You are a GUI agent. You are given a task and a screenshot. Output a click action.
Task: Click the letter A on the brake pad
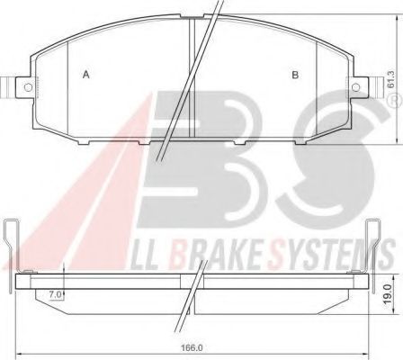pyautogui.click(x=85, y=75)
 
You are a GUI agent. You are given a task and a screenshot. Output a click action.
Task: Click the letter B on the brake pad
pyautogui.click(x=294, y=75)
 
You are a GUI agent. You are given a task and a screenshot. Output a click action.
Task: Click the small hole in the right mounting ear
pyautogui.click(x=354, y=87)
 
